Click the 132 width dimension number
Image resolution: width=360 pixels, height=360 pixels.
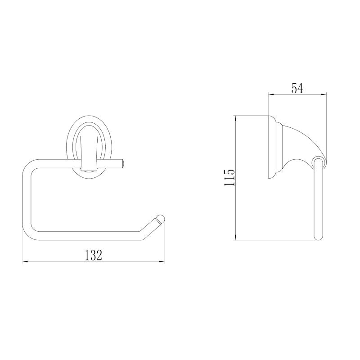[94, 255]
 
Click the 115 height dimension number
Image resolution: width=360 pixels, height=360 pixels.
[229, 178]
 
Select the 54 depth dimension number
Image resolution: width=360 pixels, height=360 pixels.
[297, 88]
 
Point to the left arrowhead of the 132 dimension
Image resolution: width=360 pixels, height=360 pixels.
[25, 261]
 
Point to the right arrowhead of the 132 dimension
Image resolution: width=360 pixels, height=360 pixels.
[162, 261]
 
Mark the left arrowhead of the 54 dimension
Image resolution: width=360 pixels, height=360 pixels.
[271, 94]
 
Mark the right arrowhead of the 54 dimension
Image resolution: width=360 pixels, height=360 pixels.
[324, 94]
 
